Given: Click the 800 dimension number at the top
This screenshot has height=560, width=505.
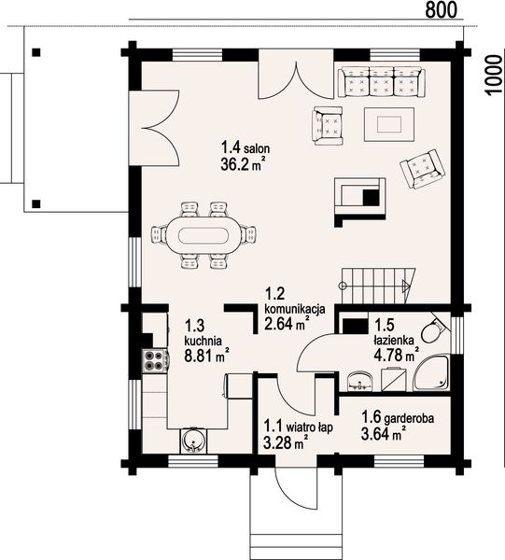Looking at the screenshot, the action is [442, 9].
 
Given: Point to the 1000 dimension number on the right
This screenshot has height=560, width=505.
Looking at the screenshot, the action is [494, 75].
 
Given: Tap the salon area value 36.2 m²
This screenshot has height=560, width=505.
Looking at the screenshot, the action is [244, 164].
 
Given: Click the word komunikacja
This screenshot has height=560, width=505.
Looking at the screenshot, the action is [295, 308].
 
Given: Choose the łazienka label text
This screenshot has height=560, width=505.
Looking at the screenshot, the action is [394, 340].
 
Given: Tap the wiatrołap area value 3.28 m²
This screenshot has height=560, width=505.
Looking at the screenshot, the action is [286, 443].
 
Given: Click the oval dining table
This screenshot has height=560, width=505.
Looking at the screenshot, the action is [203, 235].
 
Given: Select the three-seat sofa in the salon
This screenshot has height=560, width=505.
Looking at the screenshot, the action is [382, 82].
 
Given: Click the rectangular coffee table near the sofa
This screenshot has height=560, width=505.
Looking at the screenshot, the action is [389, 124].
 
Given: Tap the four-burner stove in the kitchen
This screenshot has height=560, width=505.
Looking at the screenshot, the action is [155, 360].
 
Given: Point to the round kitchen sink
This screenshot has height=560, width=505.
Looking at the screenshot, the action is [193, 441].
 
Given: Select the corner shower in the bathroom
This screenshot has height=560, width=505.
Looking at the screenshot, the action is [432, 372].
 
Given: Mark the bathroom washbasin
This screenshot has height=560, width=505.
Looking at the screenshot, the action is [359, 382].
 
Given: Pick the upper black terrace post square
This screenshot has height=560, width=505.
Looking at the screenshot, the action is [35, 52].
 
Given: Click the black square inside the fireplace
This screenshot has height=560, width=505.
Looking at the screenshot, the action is [371, 198].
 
